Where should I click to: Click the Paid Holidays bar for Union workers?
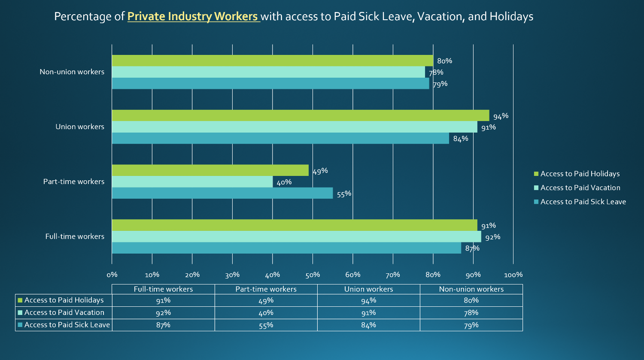point(301,115)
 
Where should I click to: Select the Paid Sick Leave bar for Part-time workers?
point(222,193)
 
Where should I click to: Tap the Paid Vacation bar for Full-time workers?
point(296,236)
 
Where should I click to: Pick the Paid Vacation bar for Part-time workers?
point(192,182)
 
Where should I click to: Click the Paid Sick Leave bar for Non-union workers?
point(270,83)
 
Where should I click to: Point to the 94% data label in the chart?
point(501,116)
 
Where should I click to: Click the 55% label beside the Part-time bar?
point(344,194)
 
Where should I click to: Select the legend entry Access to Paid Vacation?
point(580,188)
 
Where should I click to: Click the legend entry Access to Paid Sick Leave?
point(583,202)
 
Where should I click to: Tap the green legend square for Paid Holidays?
point(536,174)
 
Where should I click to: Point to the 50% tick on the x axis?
point(313,275)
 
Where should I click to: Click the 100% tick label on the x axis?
point(513,275)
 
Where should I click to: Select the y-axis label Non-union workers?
point(72,72)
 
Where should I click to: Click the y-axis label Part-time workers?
point(74,182)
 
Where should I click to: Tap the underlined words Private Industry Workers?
point(193,16)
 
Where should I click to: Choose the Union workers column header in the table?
point(368,289)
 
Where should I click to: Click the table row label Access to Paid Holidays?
point(64,300)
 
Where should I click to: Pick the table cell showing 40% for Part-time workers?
point(266,312)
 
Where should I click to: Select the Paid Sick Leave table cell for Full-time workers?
point(163,325)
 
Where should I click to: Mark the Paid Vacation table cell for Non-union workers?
point(471,312)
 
